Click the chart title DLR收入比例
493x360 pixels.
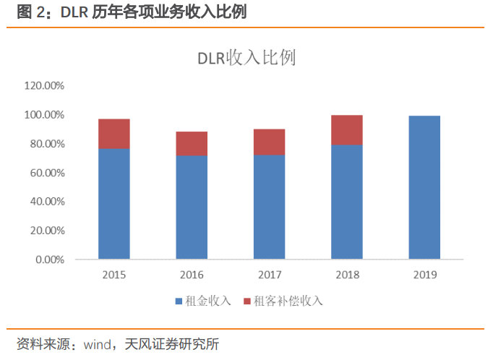(246, 59)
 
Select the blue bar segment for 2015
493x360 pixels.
(114, 204)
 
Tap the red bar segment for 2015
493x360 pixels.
(114, 134)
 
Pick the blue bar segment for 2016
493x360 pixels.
(192, 207)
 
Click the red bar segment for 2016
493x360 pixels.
(192, 144)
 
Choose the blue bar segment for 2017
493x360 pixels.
(269, 207)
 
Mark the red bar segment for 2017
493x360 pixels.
(269, 142)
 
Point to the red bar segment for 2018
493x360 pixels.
(346, 130)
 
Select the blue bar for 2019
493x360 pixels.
(424, 187)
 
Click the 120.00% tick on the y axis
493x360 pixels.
(45, 85)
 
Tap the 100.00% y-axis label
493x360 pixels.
(45, 115)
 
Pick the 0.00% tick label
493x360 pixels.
(50, 260)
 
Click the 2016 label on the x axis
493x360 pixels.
(192, 275)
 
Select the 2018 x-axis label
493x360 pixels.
(346, 275)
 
